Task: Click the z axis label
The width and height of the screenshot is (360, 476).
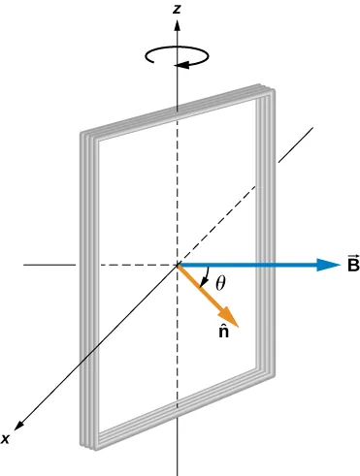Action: [x=176, y=9]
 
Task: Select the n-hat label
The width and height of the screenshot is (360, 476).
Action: [x=223, y=334]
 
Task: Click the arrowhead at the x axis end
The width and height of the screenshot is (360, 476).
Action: [x=18, y=426]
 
